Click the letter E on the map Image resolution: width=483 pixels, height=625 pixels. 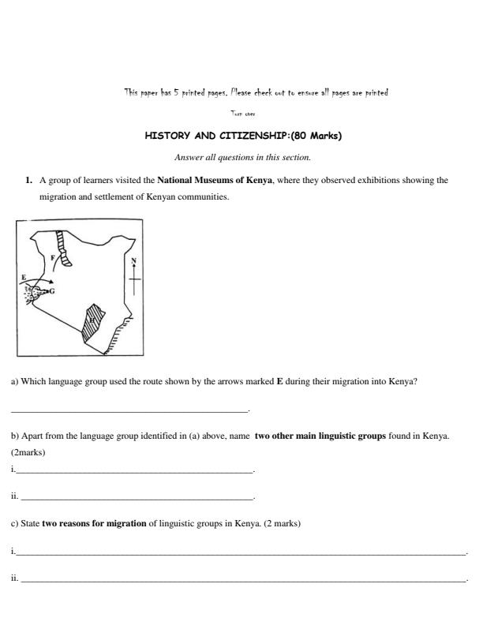(24, 276)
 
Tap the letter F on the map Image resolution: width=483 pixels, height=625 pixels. (53, 257)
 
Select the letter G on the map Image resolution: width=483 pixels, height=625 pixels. (52, 291)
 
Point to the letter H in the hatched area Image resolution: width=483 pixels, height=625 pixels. (92, 320)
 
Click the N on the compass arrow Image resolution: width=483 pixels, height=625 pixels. (133, 261)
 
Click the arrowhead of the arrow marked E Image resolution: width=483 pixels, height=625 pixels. (51, 281)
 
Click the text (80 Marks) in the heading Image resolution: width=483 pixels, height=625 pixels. (316, 135)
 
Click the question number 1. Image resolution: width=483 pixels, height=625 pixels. (28, 181)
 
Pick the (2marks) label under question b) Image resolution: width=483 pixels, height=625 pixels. (28, 453)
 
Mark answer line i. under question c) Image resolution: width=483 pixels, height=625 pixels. (241, 552)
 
